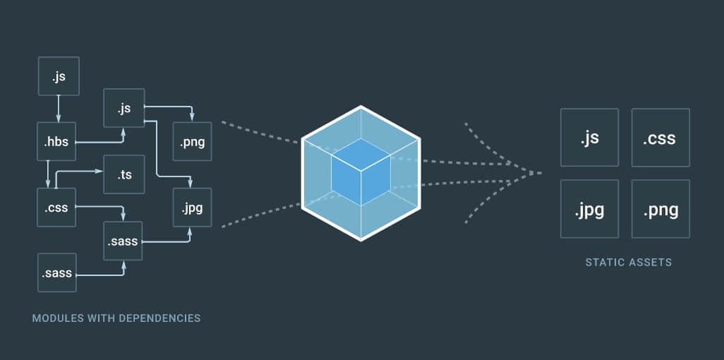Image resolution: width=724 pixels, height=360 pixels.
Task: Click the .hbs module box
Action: [56, 142]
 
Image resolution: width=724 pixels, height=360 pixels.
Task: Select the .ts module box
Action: [124, 174]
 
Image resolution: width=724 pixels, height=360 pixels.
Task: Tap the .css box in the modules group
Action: [56, 207]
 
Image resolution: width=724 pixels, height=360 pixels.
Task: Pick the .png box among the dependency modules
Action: [192, 142]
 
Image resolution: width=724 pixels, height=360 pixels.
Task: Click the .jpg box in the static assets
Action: [589, 209]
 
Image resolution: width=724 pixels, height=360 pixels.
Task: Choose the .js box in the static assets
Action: [589, 138]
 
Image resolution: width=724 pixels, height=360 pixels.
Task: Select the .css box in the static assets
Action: [660, 138]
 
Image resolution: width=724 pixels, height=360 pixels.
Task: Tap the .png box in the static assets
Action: [660, 209]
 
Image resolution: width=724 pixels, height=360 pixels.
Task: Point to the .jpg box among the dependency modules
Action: [192, 208]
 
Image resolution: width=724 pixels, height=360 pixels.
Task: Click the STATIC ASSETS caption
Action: [628, 263]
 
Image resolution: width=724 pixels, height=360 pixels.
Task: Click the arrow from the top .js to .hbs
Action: [58, 109]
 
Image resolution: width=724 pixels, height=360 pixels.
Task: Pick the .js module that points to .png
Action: [124, 108]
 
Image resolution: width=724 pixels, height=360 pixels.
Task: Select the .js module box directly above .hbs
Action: [58, 77]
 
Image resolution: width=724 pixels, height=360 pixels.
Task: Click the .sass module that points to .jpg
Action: [123, 241]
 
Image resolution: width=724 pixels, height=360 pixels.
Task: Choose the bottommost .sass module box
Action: [56, 272]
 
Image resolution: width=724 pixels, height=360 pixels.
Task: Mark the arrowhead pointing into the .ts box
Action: [101, 172]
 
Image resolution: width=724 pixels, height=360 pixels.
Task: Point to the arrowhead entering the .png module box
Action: [192, 118]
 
